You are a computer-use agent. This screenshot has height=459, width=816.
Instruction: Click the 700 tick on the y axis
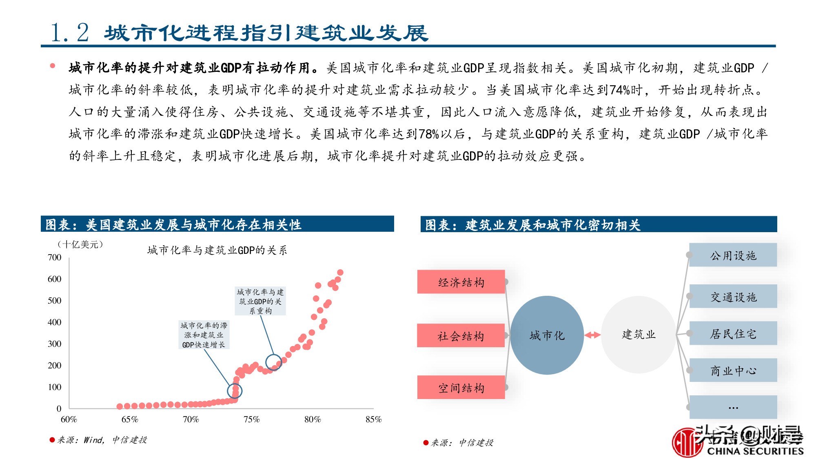tap(55, 257)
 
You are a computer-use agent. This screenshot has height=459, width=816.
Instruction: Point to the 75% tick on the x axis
tap(251, 419)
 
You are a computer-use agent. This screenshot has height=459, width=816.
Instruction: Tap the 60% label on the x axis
tap(69, 419)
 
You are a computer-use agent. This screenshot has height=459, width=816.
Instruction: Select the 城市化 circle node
tap(547, 335)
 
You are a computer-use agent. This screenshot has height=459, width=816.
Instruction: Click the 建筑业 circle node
tap(639, 335)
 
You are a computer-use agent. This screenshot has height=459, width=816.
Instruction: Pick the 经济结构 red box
tap(461, 282)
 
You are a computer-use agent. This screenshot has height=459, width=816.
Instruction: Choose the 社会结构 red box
tap(461, 336)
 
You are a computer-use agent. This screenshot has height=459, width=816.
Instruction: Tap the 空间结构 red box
tap(461, 388)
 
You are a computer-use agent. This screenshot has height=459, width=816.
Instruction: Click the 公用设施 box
tap(733, 255)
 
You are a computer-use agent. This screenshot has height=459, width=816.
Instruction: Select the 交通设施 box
tap(733, 297)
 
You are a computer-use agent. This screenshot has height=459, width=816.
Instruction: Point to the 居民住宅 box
tap(733, 334)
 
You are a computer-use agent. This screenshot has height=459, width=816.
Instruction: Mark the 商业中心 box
tap(733, 370)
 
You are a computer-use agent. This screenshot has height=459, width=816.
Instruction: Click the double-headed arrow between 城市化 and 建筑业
tap(592, 335)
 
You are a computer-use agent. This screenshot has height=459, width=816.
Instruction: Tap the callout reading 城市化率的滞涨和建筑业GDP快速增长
tap(204, 335)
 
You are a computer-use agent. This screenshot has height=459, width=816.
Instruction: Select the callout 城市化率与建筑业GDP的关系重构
tap(260, 302)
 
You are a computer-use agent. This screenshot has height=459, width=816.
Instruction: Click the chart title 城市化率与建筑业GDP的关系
tap(217, 250)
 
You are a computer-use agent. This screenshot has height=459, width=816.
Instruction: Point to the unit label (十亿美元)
tap(80, 244)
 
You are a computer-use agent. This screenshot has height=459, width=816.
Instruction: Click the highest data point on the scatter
tap(340, 273)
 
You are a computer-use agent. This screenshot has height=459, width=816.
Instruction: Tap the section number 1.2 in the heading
tap(69, 33)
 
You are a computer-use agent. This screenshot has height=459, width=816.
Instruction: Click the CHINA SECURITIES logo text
tap(755, 451)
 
